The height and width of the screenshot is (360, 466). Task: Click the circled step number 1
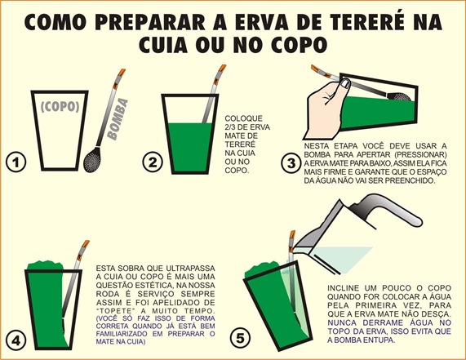click(16, 162)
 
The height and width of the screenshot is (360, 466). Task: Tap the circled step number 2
click(153, 162)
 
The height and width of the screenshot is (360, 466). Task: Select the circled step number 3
click(291, 163)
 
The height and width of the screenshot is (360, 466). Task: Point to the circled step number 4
click(16, 340)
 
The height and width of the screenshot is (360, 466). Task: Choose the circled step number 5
click(240, 338)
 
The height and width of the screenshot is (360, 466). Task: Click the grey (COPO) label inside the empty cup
click(60, 107)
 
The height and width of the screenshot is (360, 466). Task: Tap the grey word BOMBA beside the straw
click(118, 119)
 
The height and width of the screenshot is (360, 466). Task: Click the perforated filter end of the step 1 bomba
click(92, 160)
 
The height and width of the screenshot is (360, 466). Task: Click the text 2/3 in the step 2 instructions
click(231, 127)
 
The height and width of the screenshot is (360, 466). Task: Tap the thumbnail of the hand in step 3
click(344, 83)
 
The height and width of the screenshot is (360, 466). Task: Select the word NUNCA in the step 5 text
click(343, 322)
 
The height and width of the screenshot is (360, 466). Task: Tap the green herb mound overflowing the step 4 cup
click(45, 265)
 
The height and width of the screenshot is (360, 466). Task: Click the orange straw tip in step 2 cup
click(222, 69)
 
